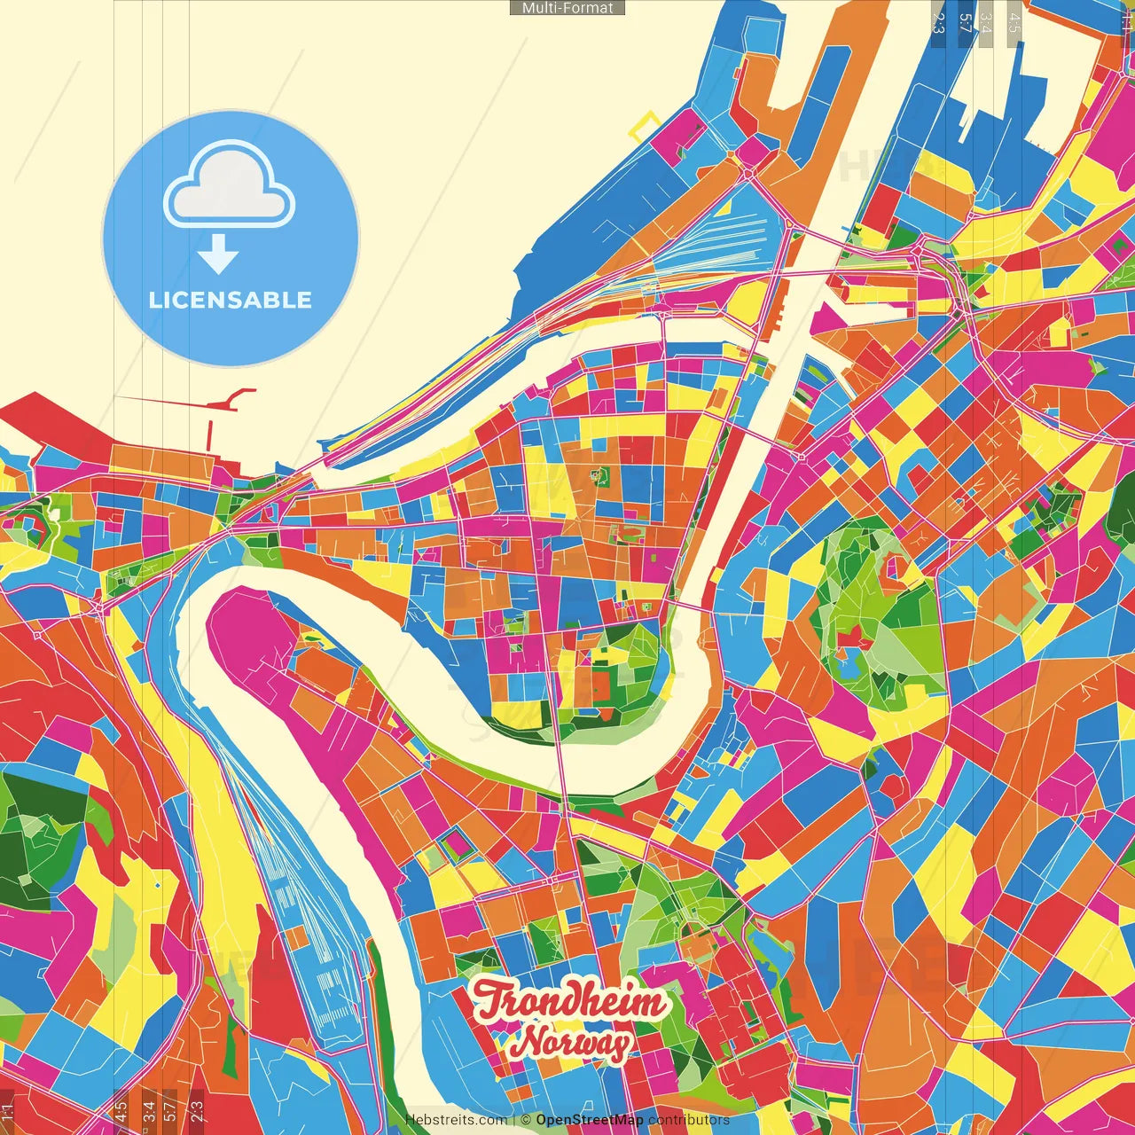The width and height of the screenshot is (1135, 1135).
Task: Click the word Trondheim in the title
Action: (x=569, y=1001)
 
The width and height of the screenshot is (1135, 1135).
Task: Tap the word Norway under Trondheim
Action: (x=574, y=1043)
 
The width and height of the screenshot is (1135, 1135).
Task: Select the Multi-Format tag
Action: (x=567, y=8)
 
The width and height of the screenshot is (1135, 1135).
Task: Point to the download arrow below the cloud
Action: (x=218, y=254)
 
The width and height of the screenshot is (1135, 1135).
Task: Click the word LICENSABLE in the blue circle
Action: (x=231, y=300)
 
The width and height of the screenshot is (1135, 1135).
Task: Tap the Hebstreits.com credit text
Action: (x=456, y=1120)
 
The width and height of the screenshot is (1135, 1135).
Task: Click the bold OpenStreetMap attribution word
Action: (x=590, y=1120)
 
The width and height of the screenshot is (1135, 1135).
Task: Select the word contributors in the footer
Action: (x=689, y=1120)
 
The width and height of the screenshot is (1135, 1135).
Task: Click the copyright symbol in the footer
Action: (x=526, y=1120)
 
